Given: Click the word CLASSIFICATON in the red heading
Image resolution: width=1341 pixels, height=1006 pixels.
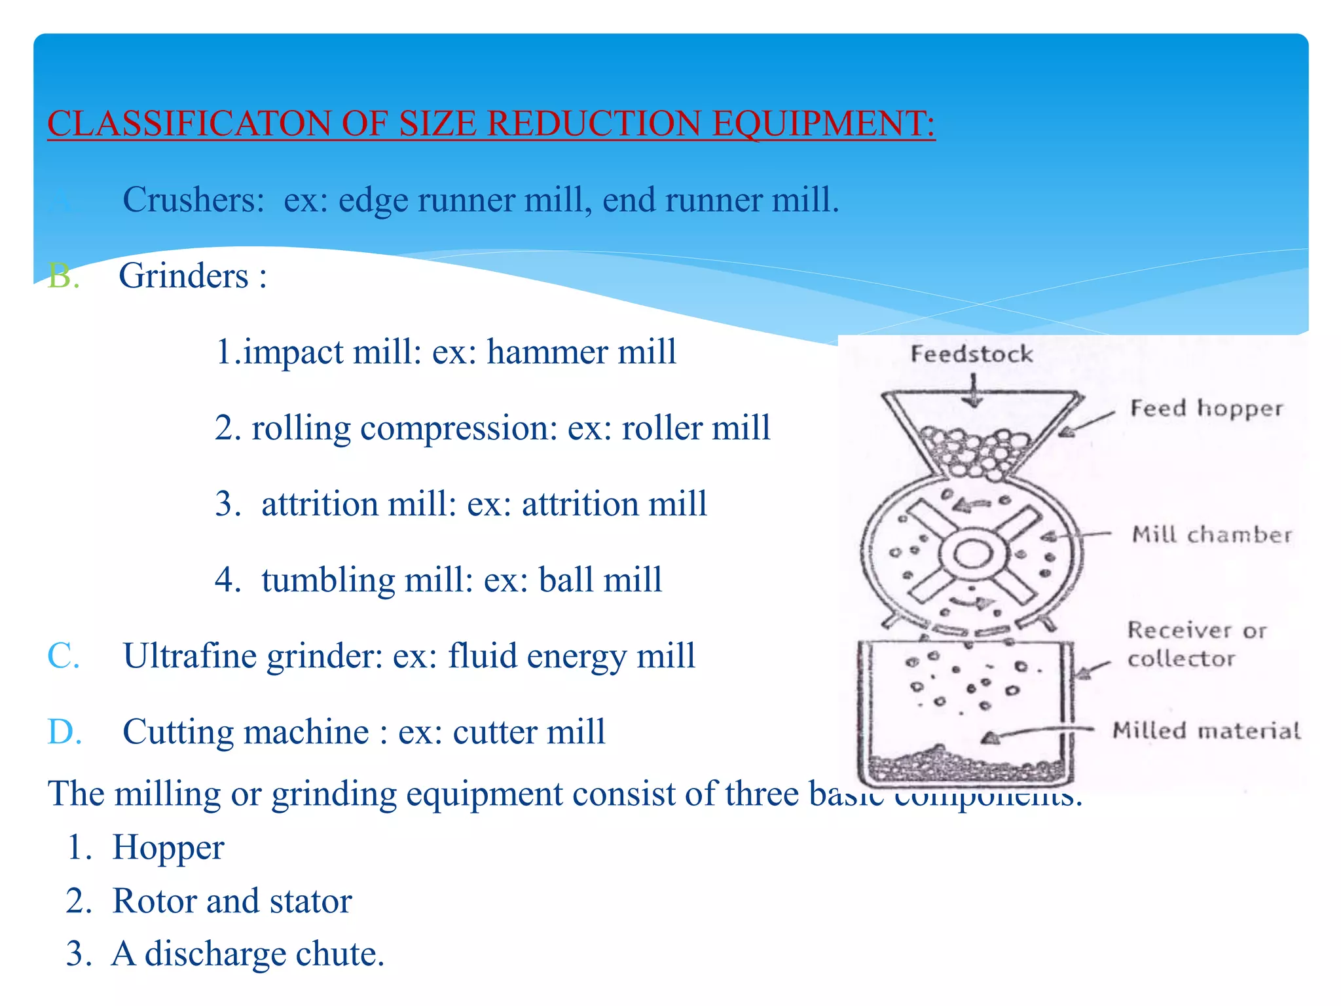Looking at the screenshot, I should (189, 124).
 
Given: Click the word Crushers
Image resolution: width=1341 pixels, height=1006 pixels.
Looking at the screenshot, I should (193, 200).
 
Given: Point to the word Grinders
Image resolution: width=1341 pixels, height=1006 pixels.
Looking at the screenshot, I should (183, 276).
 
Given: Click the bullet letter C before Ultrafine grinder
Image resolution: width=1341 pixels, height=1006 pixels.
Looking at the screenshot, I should (63, 656).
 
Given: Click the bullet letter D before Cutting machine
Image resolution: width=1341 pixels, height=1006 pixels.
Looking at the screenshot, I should (64, 732).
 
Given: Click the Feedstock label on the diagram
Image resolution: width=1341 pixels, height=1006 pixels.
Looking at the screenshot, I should (972, 354).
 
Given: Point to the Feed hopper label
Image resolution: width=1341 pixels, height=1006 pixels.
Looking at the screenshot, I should (1206, 408).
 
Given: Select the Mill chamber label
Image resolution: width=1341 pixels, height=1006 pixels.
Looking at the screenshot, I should (1212, 534).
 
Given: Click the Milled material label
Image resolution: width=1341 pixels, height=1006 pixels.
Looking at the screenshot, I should (1206, 730).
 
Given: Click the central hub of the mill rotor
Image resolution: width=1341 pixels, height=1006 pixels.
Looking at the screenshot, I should (972, 555).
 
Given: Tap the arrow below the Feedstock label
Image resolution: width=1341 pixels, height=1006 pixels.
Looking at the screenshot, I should (974, 391).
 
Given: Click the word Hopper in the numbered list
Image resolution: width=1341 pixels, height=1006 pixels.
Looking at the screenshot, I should (168, 848).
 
